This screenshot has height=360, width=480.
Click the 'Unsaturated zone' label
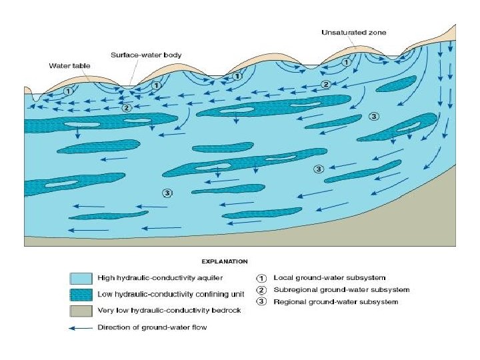(353, 32)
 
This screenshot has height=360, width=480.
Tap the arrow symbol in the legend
(80, 327)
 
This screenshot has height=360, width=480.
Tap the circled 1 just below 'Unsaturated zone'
(346, 61)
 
